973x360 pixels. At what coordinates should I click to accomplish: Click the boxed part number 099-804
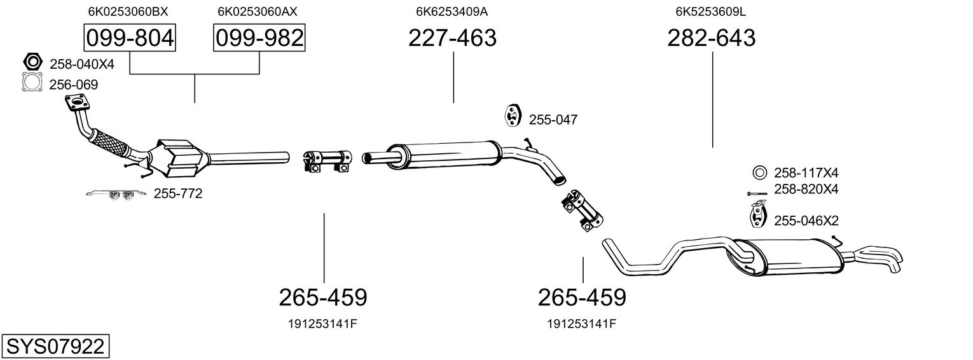coord(130,38)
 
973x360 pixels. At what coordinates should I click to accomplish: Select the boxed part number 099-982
coord(259,38)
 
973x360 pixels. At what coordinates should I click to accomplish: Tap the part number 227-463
coord(452,38)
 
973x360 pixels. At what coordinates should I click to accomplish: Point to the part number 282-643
coord(712,38)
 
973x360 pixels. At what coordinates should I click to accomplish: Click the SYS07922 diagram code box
coord(55,346)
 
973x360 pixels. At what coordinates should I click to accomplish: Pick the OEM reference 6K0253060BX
coord(128,11)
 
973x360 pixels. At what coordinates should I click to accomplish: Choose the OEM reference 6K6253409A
coord(452,11)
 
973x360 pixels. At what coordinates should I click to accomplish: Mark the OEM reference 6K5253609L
coord(710,11)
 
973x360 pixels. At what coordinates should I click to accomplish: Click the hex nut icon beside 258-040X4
coord(32,62)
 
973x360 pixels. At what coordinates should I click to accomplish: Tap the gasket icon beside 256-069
coord(32,82)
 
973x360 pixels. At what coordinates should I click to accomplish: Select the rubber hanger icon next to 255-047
coord(513,115)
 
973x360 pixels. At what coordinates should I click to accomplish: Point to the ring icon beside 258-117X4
coord(760,173)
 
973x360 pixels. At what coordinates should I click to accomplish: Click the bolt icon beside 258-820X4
coord(757,193)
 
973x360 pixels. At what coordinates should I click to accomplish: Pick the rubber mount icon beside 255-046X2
coord(759,214)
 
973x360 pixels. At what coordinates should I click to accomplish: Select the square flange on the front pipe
coord(77,103)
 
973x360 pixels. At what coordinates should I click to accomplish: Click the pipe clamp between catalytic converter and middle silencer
coord(328,161)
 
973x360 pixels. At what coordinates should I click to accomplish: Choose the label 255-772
coord(178,194)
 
